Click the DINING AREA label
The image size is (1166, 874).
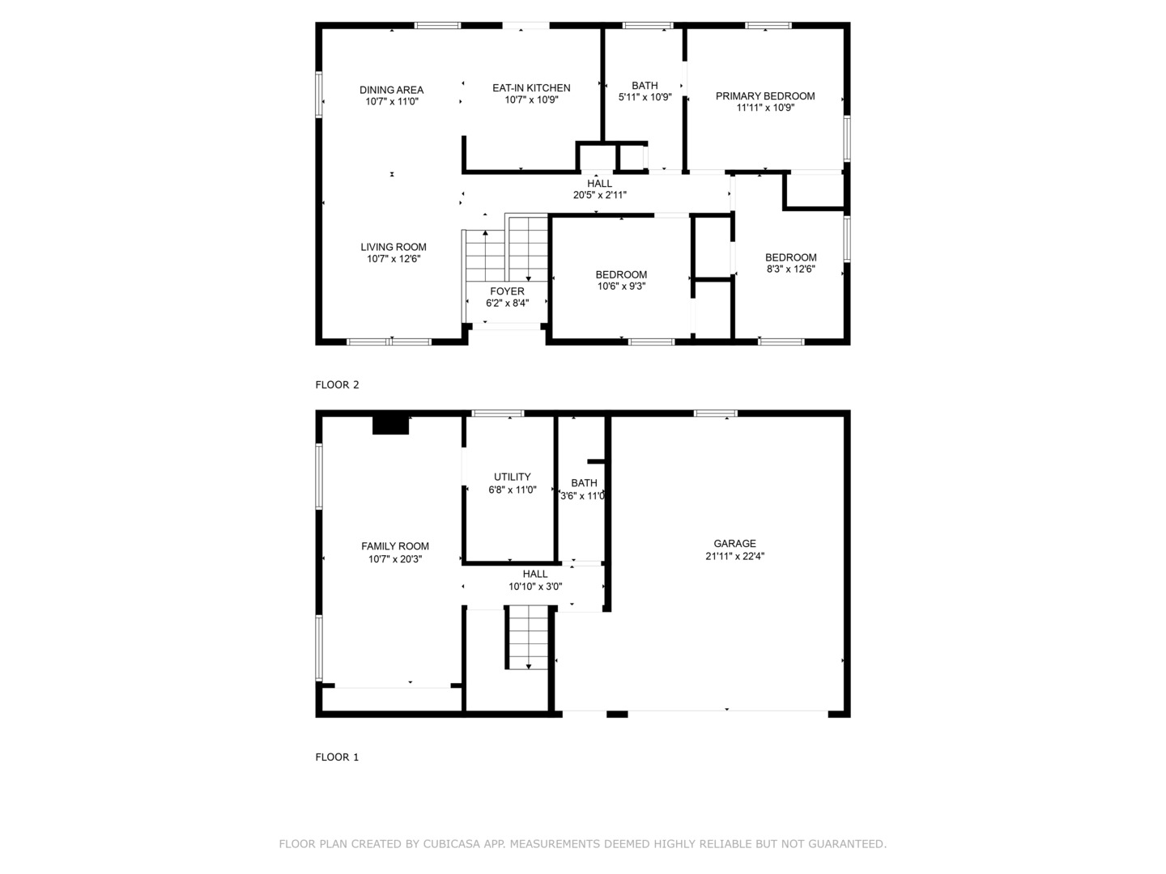(x=392, y=90)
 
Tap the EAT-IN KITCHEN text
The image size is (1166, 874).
(x=531, y=87)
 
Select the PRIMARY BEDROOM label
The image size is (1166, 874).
(x=765, y=95)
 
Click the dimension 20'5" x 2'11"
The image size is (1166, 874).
(x=599, y=195)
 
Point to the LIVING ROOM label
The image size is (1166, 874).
(x=394, y=247)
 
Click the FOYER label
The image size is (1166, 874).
(x=507, y=291)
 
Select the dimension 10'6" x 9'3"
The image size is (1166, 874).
(x=621, y=286)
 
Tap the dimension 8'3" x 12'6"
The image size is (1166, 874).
(x=790, y=269)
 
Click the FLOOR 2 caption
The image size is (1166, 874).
(x=337, y=385)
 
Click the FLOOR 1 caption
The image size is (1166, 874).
(x=337, y=757)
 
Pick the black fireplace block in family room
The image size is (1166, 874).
(x=390, y=425)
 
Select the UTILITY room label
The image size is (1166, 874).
(x=513, y=477)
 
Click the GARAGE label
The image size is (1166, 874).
(x=734, y=544)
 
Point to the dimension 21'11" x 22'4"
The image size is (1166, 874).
(x=734, y=556)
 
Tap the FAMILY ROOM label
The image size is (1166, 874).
(x=395, y=546)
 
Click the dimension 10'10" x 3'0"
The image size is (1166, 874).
(x=534, y=587)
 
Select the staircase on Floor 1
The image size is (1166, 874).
(x=529, y=638)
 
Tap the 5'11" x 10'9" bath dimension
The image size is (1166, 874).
(x=645, y=97)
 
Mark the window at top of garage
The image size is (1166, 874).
(x=715, y=414)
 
